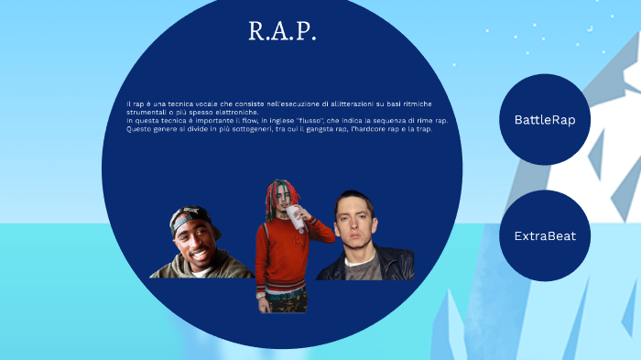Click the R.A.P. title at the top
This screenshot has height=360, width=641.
[x=282, y=32]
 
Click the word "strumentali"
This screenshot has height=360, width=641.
[x=146, y=113]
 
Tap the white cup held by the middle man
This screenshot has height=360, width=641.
[x=294, y=215]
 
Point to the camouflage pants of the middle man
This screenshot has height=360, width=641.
[x=282, y=302]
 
